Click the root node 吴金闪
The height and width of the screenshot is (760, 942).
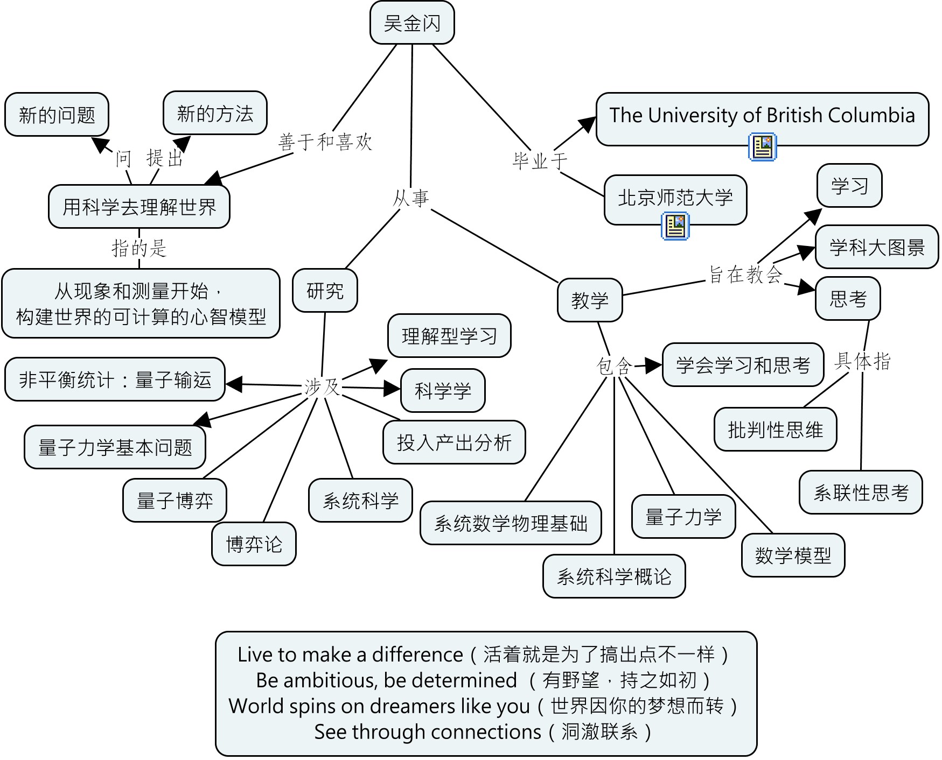coord(412,23)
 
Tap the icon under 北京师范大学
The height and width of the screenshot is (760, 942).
coord(675,226)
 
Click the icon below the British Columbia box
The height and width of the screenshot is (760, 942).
coord(762,147)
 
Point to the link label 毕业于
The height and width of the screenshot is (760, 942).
coord(540,160)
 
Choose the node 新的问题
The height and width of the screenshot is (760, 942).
coord(57,115)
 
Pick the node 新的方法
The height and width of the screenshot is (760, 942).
coord(215,114)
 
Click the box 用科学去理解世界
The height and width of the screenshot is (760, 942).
coord(139,207)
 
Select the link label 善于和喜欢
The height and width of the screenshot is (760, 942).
coord(325,142)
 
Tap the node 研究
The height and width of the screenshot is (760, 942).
coord(325,291)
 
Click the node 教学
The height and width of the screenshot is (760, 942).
coord(590,300)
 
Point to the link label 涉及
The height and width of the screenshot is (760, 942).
coord(322,387)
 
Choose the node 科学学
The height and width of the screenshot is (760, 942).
coord(443,391)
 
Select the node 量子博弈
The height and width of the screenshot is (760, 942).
coord(175,501)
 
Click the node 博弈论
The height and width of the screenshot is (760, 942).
coord(254,544)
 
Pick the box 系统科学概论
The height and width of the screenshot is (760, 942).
coord(614,576)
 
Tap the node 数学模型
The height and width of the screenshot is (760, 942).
coord(793,555)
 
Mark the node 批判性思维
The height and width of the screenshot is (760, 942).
coord(775,430)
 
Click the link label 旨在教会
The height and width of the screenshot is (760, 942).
coord(745,275)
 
